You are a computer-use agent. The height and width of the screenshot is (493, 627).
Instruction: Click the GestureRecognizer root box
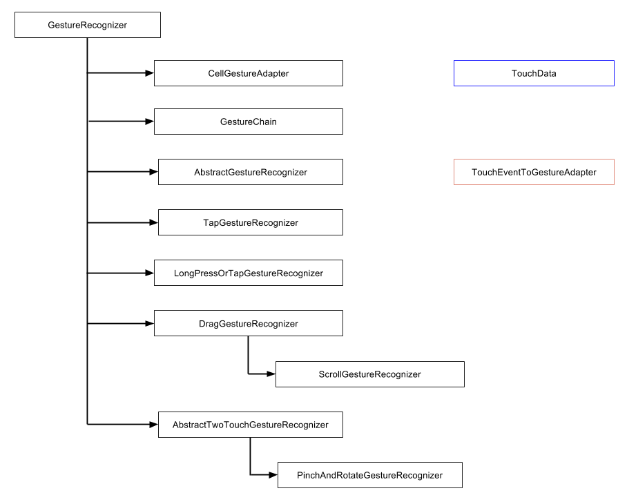click(x=88, y=25)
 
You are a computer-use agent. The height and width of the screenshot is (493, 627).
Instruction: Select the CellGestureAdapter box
click(x=249, y=73)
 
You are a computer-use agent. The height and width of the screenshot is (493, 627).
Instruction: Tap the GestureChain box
click(x=249, y=122)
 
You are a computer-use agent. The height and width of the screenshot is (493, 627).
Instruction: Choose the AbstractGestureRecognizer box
click(x=251, y=172)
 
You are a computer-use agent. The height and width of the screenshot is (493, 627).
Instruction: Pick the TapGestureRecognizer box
click(x=251, y=222)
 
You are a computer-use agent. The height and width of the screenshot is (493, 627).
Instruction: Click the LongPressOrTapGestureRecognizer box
click(x=249, y=273)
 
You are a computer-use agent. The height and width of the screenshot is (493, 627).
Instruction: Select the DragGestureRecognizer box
click(x=249, y=323)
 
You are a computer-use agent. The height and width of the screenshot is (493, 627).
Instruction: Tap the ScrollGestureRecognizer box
click(x=370, y=374)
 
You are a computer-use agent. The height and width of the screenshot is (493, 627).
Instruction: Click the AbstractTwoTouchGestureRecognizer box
click(x=251, y=425)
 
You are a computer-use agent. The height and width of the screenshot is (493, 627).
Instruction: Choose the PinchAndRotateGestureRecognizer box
click(x=370, y=475)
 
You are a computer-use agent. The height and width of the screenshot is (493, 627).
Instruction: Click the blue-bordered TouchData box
click(x=534, y=73)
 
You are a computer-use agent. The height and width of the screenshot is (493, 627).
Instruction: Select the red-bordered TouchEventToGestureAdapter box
click(x=534, y=172)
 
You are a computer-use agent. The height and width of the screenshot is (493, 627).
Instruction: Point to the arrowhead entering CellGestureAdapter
click(x=150, y=73)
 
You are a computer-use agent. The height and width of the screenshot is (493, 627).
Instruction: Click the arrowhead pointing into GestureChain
click(x=150, y=122)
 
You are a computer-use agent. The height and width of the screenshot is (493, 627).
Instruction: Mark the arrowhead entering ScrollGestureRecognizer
click(x=271, y=374)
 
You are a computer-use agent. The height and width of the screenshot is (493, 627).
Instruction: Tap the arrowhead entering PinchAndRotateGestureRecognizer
click(x=273, y=475)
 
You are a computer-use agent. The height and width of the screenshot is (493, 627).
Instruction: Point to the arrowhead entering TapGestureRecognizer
click(x=153, y=222)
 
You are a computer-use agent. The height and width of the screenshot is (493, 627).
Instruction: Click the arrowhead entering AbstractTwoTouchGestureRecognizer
click(x=153, y=425)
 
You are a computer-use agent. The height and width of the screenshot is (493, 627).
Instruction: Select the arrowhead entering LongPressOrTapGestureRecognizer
click(x=150, y=273)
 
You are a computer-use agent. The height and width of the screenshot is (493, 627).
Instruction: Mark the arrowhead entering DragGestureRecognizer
click(x=150, y=323)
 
